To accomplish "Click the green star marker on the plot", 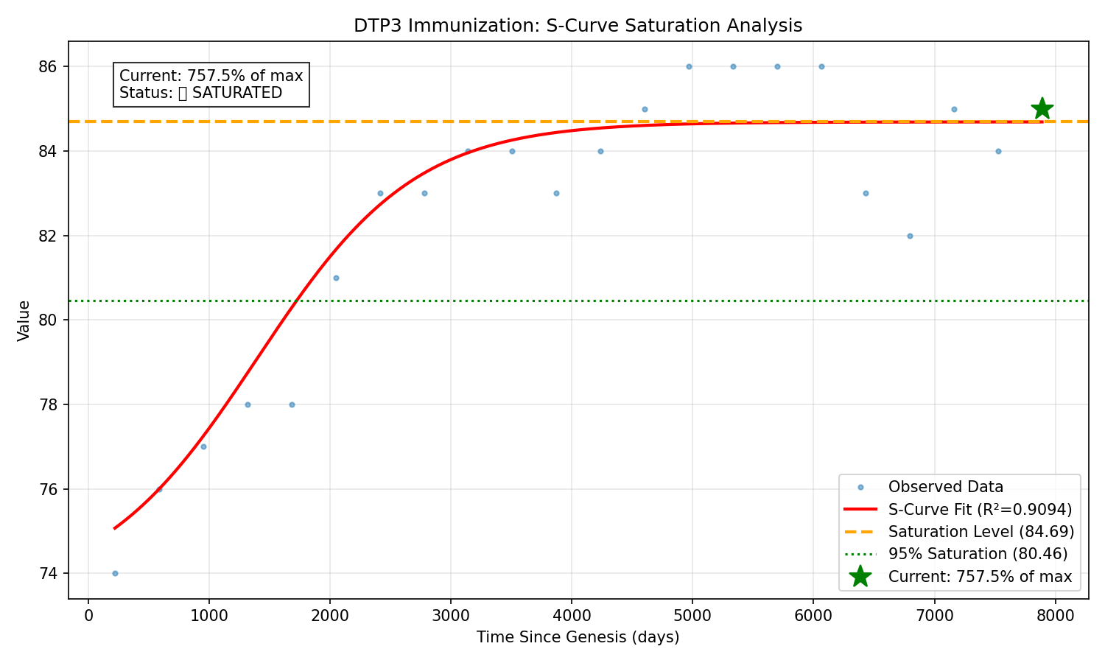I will [x=1042, y=109].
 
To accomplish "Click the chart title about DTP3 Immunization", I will [x=578, y=26].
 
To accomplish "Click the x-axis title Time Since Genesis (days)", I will [x=578, y=637].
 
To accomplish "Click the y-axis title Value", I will [x=24, y=320].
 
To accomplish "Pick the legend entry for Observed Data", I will [x=945, y=487].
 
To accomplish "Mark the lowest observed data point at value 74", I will [x=115, y=573].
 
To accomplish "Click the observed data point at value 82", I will [x=910, y=236].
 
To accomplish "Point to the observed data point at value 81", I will [x=336, y=278].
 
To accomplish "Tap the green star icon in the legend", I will [x=860, y=577].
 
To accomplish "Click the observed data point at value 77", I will [x=203, y=446].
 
